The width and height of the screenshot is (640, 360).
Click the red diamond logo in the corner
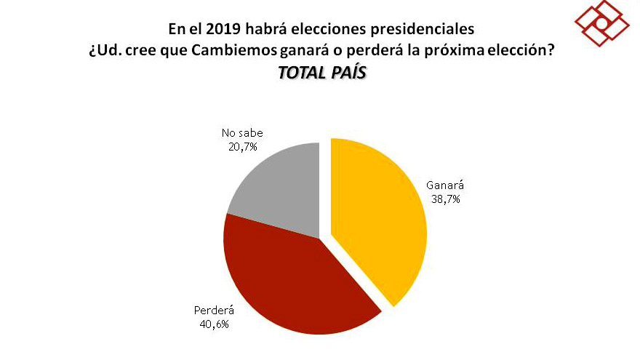601,24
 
